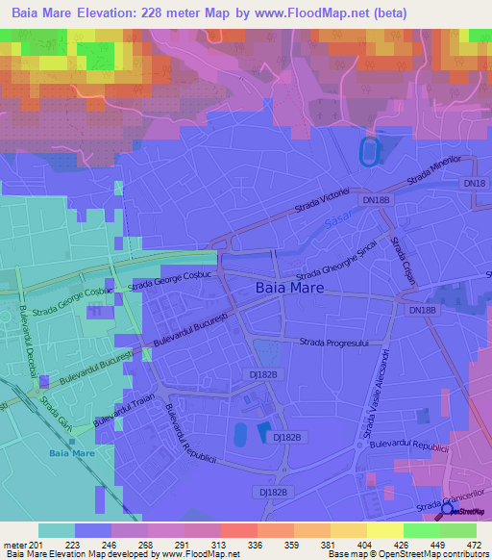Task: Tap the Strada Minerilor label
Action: [x=434, y=169]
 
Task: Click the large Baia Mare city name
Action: [x=289, y=288]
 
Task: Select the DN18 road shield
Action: [x=475, y=182]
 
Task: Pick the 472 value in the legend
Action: [x=473, y=545]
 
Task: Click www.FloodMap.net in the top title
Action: [x=313, y=13]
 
